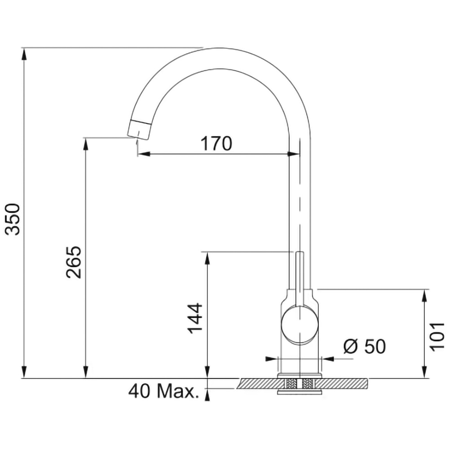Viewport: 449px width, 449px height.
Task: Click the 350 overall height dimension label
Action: coord(13,220)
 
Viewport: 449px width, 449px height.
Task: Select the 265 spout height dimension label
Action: coord(74,262)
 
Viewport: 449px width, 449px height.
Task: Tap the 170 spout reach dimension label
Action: coord(216,144)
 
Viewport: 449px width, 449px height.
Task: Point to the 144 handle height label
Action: coord(195,318)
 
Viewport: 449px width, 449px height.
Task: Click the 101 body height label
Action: coord(437,336)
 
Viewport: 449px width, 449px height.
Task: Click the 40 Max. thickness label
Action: coord(163,391)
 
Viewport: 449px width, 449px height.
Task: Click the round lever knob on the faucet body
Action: coord(299,325)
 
